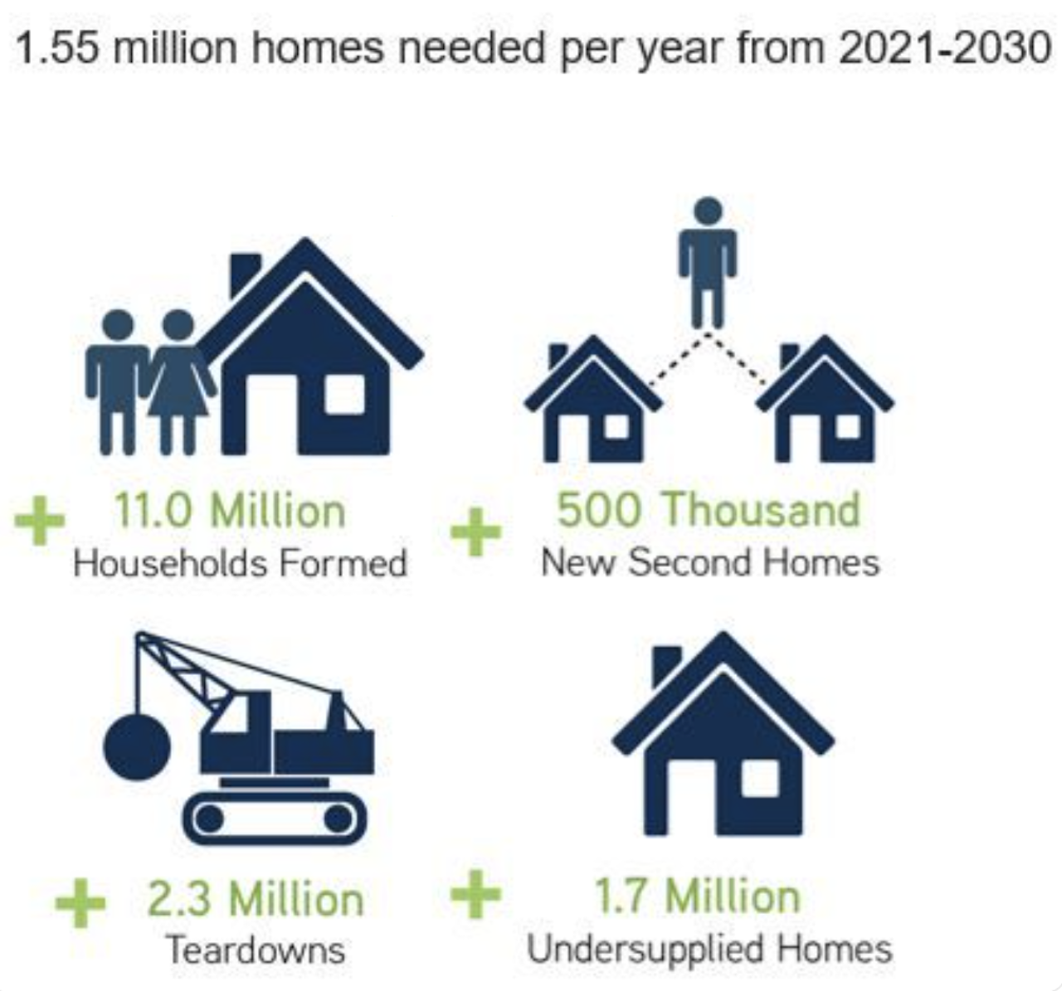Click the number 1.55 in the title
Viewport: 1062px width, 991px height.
click(x=58, y=48)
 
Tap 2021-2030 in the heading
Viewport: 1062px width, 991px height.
click(x=945, y=48)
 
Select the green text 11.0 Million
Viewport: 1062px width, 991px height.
click(x=230, y=511)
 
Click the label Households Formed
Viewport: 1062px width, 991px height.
click(x=240, y=563)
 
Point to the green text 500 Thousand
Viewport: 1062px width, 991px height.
click(x=709, y=509)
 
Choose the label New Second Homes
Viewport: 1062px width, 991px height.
click(x=710, y=562)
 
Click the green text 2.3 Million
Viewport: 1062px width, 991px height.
click(x=256, y=899)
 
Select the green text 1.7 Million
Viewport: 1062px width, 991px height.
click(x=698, y=896)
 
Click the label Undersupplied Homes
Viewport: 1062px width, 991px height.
click(x=709, y=949)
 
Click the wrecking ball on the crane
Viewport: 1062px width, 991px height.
click(x=137, y=746)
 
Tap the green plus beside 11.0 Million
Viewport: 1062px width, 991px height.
click(x=40, y=521)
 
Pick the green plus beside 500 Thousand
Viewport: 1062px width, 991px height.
click(x=476, y=532)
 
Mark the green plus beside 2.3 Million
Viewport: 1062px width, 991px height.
click(x=80, y=903)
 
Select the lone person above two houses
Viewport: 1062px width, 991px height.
click(x=708, y=263)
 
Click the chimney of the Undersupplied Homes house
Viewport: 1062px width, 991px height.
click(x=665, y=665)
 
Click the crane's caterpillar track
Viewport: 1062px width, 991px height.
click(x=275, y=818)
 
